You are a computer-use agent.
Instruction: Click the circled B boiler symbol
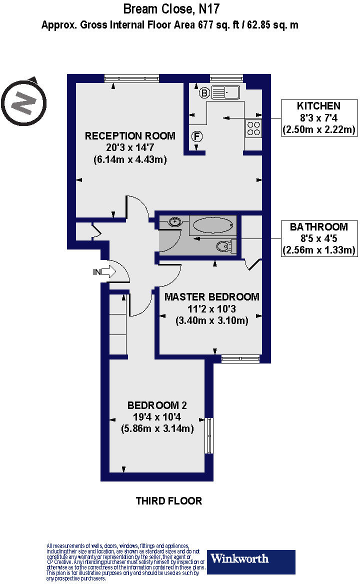[204, 92]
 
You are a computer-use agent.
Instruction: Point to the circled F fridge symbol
[197, 135]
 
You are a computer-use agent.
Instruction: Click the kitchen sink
[226, 92]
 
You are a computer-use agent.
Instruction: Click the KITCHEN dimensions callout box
[318, 117]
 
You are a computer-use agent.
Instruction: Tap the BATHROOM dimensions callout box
[318, 238]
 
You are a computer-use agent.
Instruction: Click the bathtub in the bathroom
[213, 224]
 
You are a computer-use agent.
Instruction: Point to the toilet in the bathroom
[225, 245]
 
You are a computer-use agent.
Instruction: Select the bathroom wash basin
[174, 221]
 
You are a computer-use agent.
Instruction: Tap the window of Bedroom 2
[209, 435]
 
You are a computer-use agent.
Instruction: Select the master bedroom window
[240, 358]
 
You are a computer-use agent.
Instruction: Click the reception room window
[131, 77]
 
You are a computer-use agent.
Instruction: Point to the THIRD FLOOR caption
[169, 500]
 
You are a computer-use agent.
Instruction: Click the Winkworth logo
[251, 561]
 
